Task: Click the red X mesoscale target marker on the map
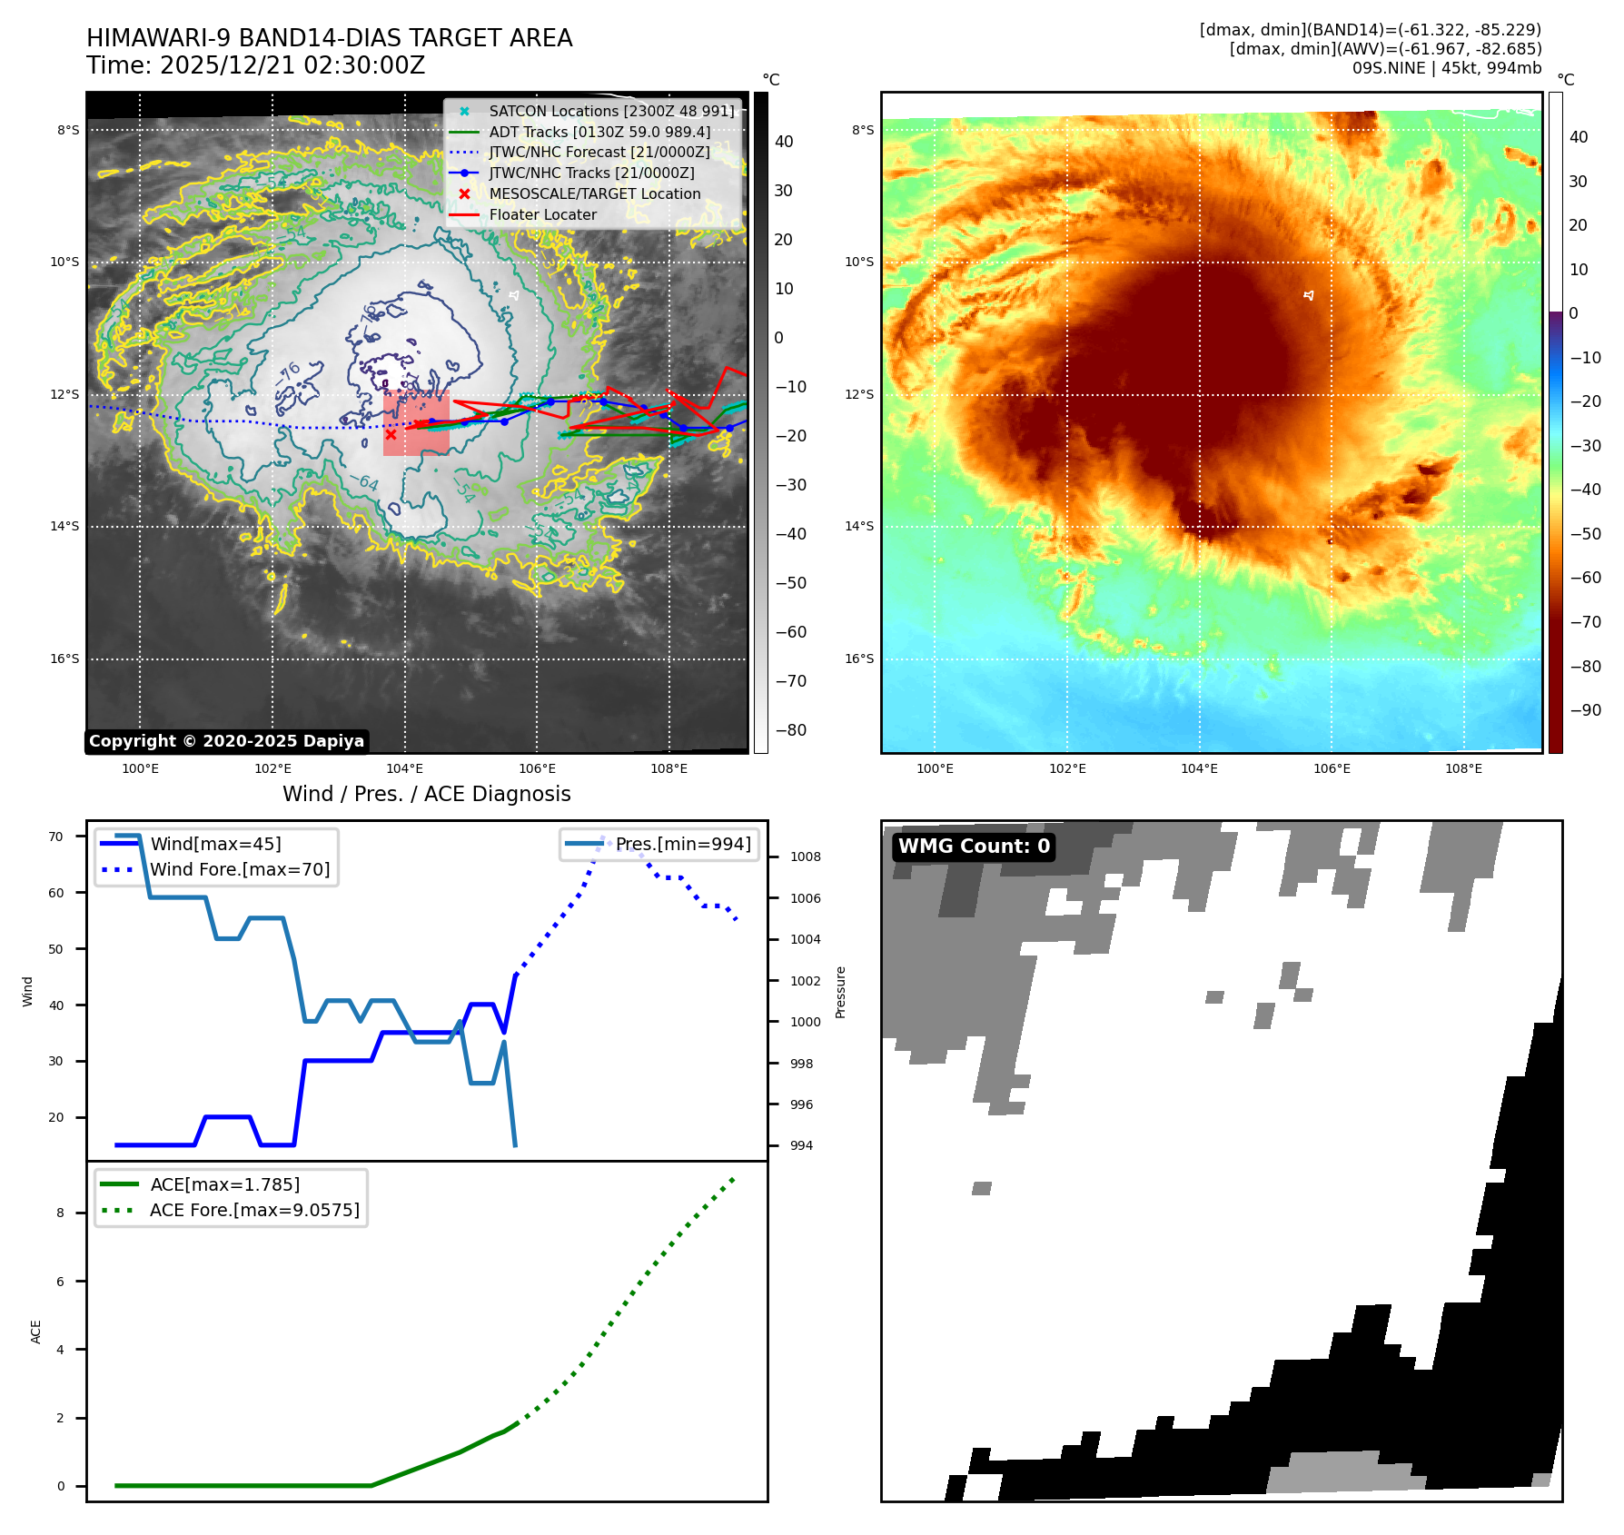pos(391,434)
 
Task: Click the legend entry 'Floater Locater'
pos(542,215)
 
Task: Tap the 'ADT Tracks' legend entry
pos(599,132)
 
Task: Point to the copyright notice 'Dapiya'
pos(226,741)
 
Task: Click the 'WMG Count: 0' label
pos(974,847)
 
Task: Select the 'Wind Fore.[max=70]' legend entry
pos(240,869)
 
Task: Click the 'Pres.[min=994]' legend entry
pos(683,844)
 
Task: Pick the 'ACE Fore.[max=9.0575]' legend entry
pos(254,1210)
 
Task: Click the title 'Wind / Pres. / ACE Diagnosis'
pos(427,794)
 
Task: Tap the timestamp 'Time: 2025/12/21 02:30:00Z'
pos(256,65)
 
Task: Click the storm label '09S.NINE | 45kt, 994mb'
pos(1447,68)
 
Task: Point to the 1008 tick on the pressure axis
pos(805,857)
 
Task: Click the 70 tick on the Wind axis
pos(55,837)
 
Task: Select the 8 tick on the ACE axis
pos(61,1213)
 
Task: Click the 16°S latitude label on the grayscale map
pos(64,659)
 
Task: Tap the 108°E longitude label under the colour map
pos(1463,768)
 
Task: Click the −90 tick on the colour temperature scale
pos(1585,710)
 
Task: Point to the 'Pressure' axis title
pos(840,992)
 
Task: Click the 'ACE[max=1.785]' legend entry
pos(224,1184)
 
